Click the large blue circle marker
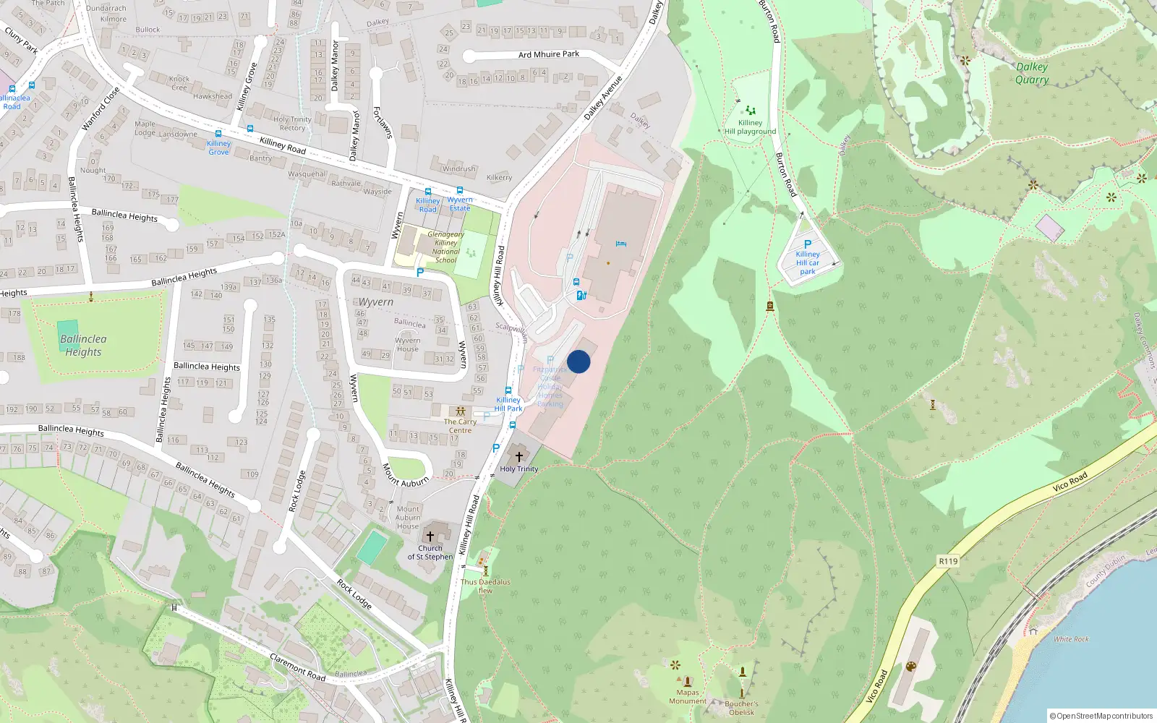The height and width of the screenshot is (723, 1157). point(578,361)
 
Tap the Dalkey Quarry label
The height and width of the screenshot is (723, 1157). point(1032,73)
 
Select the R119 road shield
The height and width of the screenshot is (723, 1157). point(948,561)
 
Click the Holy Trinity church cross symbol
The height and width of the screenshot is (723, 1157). point(518,456)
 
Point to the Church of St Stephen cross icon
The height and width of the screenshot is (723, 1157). point(430,536)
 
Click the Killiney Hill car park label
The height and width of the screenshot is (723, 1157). point(808,262)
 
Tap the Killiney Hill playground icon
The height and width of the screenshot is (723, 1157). point(751,111)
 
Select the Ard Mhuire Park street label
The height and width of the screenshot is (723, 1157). point(548,54)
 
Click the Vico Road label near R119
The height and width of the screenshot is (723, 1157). point(1070,482)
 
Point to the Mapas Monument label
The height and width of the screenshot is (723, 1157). point(688,696)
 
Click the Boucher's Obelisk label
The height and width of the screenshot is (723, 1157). point(741,707)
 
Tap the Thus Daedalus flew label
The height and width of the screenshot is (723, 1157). point(485,586)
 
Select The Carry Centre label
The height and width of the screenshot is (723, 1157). point(460,426)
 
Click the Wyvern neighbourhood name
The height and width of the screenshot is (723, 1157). point(376,301)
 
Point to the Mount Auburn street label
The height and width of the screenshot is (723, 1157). point(406,475)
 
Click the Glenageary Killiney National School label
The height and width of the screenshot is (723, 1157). point(445,247)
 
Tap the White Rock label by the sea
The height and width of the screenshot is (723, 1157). point(1071,639)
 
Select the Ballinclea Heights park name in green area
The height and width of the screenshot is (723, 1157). point(83,346)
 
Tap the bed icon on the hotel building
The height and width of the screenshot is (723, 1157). point(620,244)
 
